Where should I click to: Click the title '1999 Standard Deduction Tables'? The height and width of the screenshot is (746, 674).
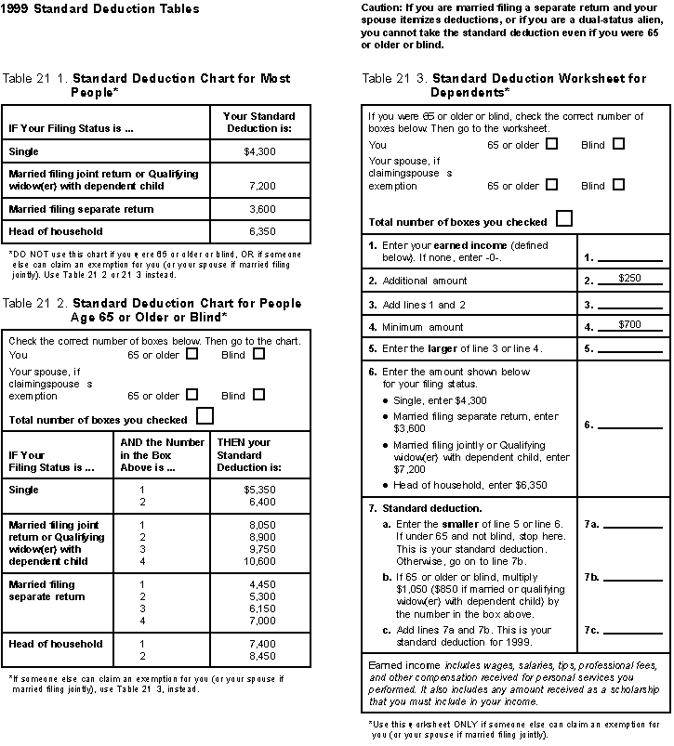(99, 9)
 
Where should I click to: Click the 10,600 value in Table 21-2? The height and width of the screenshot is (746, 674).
(260, 561)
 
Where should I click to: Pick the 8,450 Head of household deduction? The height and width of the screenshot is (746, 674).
(262, 656)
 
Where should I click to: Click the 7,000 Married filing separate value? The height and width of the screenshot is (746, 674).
(262, 621)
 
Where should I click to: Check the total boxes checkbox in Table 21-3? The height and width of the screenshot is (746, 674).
(563, 219)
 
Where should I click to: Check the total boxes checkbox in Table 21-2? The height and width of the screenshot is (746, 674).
(205, 416)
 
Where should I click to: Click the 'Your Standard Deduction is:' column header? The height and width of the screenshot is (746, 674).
(259, 122)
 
